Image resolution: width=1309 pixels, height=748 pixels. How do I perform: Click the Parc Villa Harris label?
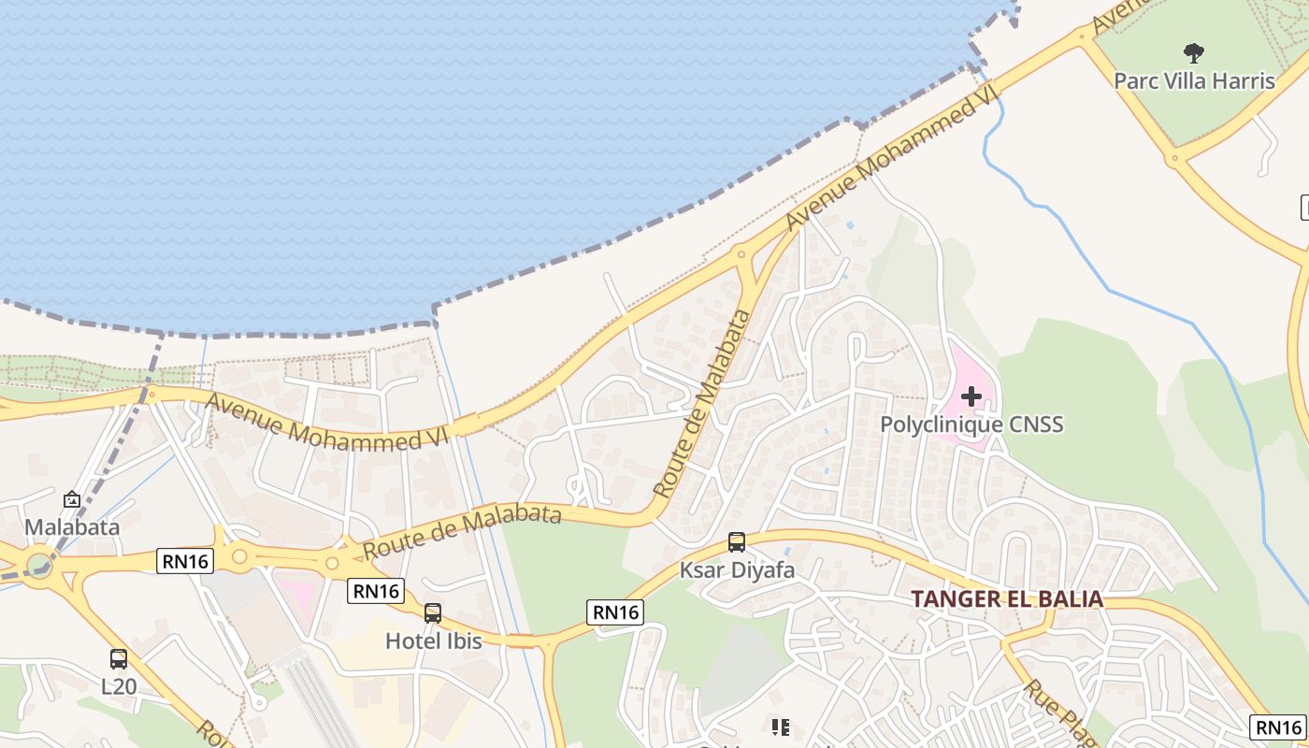[x=1194, y=80]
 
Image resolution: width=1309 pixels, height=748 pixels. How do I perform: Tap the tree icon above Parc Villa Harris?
[x=1193, y=52]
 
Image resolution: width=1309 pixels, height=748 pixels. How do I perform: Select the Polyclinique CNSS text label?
[x=971, y=424]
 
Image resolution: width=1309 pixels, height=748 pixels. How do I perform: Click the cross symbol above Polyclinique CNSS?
[x=971, y=396]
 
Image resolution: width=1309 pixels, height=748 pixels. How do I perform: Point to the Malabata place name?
[x=72, y=526]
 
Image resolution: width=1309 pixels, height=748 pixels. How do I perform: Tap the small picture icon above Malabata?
[x=72, y=500]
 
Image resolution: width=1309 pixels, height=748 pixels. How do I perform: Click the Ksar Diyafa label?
[x=737, y=569]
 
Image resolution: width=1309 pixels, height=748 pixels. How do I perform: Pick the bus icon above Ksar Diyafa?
[x=737, y=542]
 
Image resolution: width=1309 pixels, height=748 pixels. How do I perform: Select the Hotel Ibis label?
[x=434, y=640]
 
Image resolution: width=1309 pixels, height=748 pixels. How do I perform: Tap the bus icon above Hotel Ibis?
[x=433, y=613]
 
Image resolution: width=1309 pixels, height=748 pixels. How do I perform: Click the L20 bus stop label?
[x=119, y=686]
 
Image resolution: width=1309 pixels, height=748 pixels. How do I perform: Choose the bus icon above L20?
[x=119, y=658]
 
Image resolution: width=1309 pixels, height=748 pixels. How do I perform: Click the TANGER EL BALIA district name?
[x=1007, y=599]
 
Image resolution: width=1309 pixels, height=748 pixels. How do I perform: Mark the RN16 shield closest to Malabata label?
[x=185, y=560]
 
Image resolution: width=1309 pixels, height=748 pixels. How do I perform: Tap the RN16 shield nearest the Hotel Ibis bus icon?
[x=376, y=591]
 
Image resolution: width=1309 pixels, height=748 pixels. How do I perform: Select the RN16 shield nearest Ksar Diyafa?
[x=615, y=611]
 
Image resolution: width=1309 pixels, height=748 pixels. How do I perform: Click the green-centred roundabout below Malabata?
[x=39, y=565]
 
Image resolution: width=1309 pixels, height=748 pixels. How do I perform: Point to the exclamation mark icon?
[x=780, y=726]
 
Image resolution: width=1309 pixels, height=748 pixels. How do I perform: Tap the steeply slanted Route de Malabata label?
[x=703, y=402]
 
